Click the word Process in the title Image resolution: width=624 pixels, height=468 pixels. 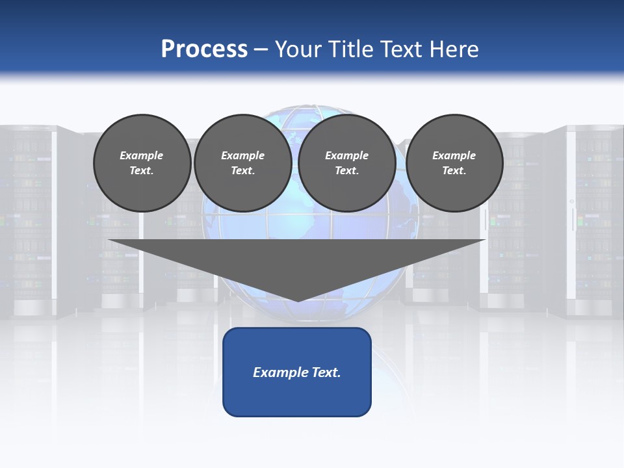tap(204, 49)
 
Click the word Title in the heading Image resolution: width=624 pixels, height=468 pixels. tap(352, 49)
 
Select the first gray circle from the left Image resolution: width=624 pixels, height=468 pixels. tap(142, 163)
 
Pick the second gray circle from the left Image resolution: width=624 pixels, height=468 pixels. tap(242, 163)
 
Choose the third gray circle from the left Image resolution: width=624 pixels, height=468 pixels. tap(346, 163)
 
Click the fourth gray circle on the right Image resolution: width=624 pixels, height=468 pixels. tap(454, 163)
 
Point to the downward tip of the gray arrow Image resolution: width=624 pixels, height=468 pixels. tap(298, 300)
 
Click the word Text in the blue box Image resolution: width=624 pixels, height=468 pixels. tap(327, 372)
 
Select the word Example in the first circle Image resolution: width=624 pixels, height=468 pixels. tap(142, 155)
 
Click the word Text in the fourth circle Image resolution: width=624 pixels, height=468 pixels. tap(454, 171)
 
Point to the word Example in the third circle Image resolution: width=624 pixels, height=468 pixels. tap(346, 155)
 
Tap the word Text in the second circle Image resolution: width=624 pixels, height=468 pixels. tap(242, 171)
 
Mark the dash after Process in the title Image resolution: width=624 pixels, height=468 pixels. tap(261, 50)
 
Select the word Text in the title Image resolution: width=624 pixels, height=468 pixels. tap(401, 49)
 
